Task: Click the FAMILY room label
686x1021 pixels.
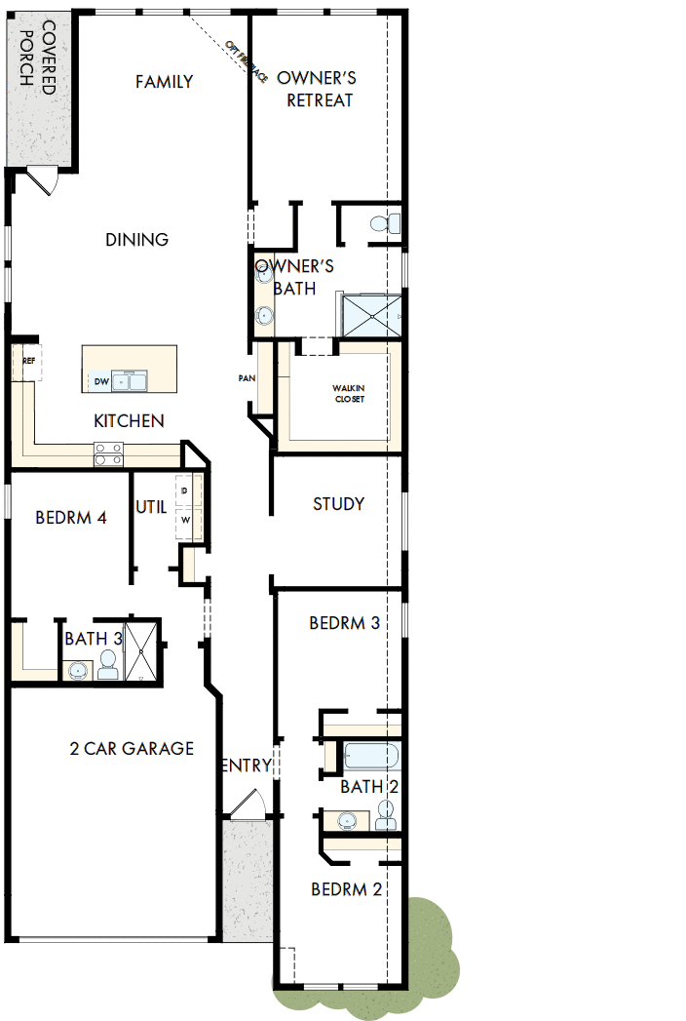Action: pyautogui.click(x=164, y=82)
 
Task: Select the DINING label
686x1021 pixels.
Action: pyautogui.click(x=137, y=239)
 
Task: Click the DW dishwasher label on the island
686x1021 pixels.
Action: pyautogui.click(x=100, y=381)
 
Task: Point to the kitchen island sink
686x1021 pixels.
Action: pyautogui.click(x=130, y=380)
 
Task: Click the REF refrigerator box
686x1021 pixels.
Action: pyautogui.click(x=28, y=361)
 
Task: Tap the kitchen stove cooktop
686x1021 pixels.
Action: pyautogui.click(x=108, y=452)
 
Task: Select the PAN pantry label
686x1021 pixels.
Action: pyautogui.click(x=247, y=378)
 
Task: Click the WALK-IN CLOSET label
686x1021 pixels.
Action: pyautogui.click(x=348, y=393)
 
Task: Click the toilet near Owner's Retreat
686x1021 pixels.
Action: pyautogui.click(x=382, y=224)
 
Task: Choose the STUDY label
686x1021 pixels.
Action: pyautogui.click(x=338, y=504)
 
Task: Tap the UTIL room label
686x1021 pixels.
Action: pyautogui.click(x=151, y=507)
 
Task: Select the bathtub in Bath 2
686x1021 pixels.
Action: pyautogui.click(x=368, y=757)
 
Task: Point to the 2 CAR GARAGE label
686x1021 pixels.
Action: pyautogui.click(x=132, y=749)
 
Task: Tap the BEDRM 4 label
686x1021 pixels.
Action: pyautogui.click(x=70, y=518)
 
